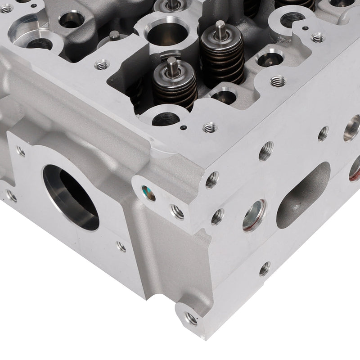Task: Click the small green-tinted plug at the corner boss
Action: click(x=148, y=193)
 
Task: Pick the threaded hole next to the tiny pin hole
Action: click(x=209, y=128)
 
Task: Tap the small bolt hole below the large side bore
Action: click(x=121, y=246)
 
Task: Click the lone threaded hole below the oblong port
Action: click(x=265, y=269)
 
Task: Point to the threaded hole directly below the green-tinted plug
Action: click(x=176, y=212)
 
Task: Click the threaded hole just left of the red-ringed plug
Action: click(x=218, y=217)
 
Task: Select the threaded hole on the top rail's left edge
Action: click(x=100, y=66)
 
